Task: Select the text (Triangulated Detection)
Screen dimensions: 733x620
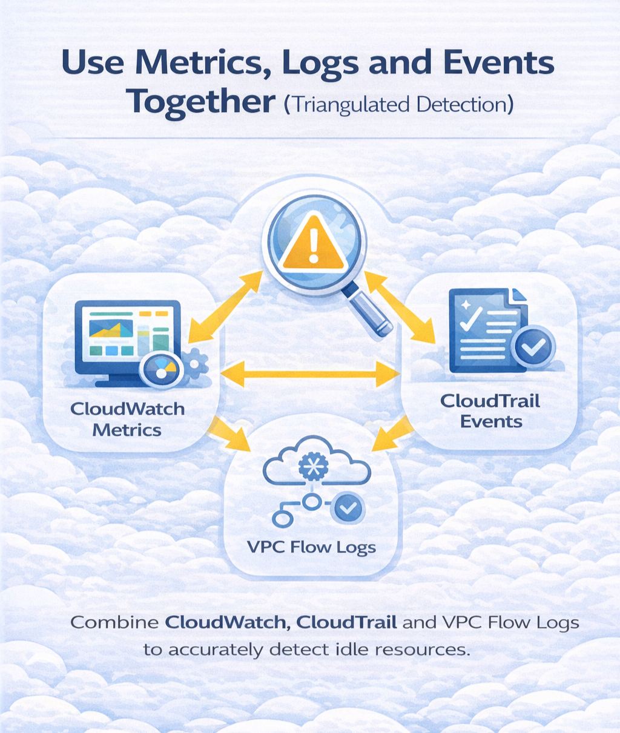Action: (398, 105)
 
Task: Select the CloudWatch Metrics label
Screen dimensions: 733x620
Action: (127, 419)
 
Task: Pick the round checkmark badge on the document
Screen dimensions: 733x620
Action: (533, 347)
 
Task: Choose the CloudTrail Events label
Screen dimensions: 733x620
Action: (490, 410)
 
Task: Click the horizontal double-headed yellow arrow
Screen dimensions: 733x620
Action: (310, 373)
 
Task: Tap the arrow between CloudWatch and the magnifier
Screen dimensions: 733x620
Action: (225, 307)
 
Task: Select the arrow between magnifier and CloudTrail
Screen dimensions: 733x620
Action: (400, 307)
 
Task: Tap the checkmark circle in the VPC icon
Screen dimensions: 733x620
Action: (348, 508)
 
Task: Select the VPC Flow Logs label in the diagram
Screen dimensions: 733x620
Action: (311, 548)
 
